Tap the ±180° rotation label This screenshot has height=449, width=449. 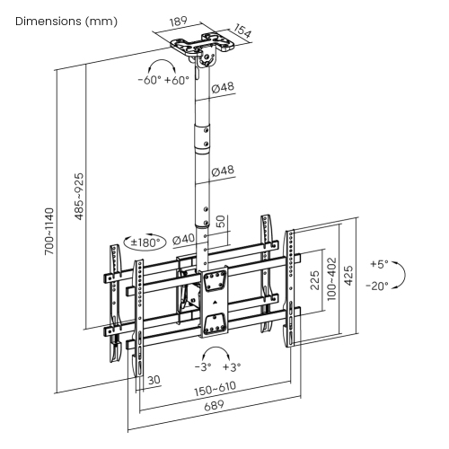pos(145,242)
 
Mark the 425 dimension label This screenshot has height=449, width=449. pos(349,280)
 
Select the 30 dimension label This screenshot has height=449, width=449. pos(154,380)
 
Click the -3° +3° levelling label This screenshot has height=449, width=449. pos(216,366)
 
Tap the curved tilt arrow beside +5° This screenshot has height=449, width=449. pos(401,275)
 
